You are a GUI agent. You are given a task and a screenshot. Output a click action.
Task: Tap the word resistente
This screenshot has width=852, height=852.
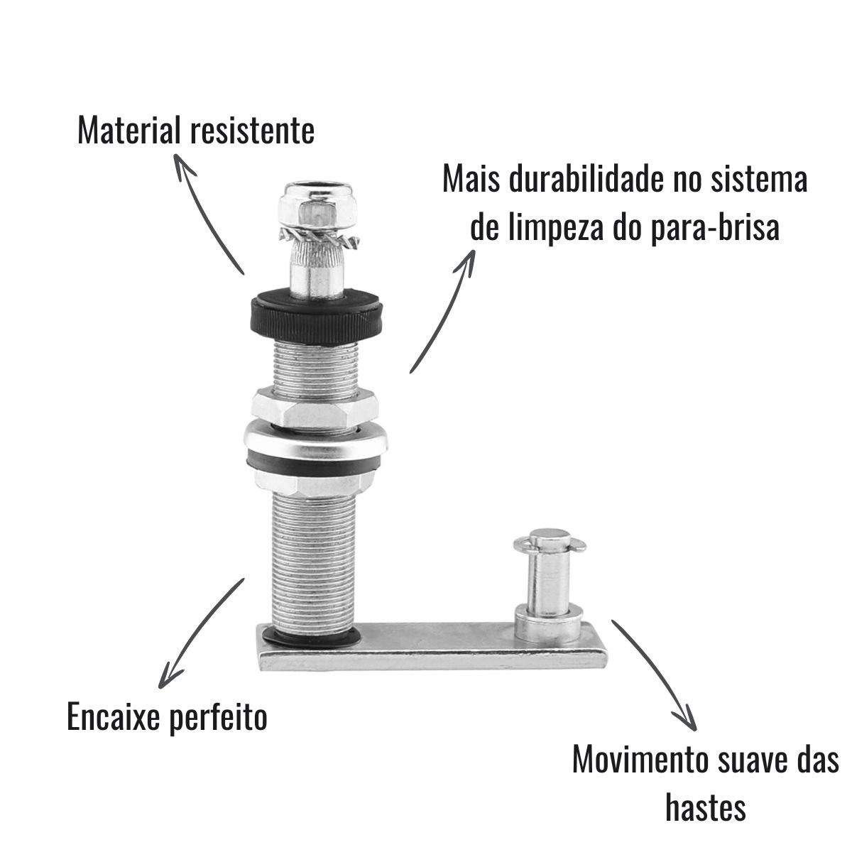coord(252,131)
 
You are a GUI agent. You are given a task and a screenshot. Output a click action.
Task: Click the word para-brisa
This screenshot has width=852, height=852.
coord(716,229)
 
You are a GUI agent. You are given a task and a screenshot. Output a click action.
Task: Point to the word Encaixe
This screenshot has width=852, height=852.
coord(114,716)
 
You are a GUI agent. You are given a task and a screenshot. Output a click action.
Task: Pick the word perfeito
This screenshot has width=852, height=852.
coord(219,718)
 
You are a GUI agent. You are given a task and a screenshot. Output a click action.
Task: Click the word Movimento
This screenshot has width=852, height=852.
coord(640,760)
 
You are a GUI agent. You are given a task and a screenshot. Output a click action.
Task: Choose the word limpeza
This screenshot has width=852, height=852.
coord(556,230)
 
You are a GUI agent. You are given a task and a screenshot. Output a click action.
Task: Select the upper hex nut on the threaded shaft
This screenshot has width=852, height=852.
coord(315,406)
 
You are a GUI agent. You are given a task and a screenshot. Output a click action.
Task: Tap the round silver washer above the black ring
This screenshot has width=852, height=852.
coord(316,439)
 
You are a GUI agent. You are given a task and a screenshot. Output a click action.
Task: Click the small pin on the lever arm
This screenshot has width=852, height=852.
coord(548,584)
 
